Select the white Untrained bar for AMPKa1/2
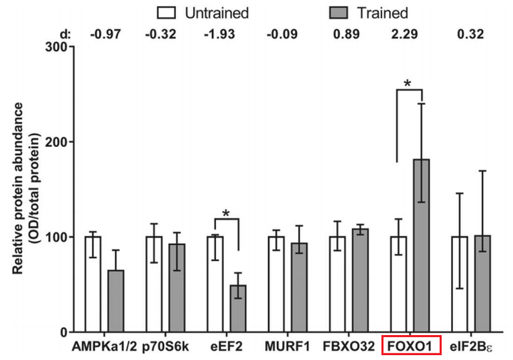point(92,284)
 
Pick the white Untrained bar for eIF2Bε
point(460,284)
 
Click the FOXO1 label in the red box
point(413,346)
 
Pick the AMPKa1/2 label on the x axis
point(103,346)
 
